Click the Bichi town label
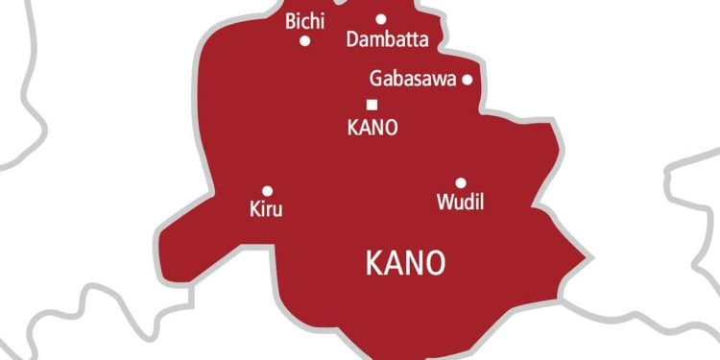click(305, 21)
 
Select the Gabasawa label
click(412, 80)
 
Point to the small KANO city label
click(371, 128)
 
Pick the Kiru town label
click(265, 209)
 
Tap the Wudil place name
click(460, 203)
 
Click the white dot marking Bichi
click(305, 40)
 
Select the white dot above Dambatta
click(381, 18)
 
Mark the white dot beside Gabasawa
click(468, 80)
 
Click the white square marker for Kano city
click(372, 105)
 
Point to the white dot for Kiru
click(267, 191)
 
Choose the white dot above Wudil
click(461, 182)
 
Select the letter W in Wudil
click(444, 203)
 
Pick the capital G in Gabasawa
click(375, 80)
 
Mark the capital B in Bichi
click(291, 21)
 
